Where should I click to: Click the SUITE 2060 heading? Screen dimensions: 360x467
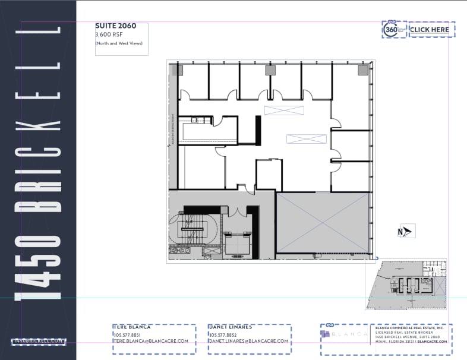(115, 26)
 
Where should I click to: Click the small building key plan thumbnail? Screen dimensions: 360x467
(406, 285)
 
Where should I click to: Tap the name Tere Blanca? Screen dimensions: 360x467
(132, 327)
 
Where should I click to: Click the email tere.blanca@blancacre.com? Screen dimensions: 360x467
(151, 341)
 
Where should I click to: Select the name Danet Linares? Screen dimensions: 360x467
(231, 327)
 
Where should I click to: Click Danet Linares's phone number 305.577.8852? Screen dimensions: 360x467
(225, 334)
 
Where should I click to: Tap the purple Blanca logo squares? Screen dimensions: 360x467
(325, 334)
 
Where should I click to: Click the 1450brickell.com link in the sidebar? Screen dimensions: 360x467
(39, 341)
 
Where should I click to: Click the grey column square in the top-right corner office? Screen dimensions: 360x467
(362, 70)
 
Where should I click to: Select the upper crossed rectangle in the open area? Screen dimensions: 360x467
(284, 110)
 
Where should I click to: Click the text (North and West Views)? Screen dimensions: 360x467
(119, 43)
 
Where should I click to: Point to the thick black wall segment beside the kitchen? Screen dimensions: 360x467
(258, 129)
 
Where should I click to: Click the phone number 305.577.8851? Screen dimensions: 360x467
(127, 334)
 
